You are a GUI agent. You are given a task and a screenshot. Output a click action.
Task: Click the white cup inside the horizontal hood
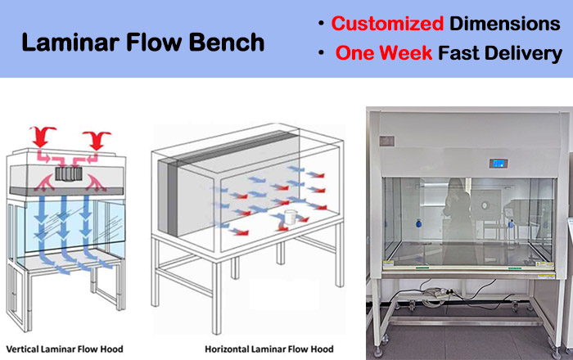tap(289, 220)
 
